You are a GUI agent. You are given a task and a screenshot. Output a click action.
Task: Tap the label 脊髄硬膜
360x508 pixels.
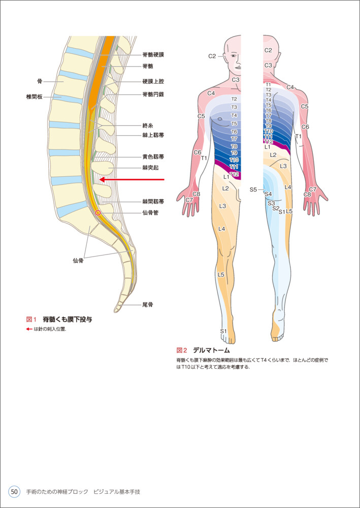[x=153, y=54]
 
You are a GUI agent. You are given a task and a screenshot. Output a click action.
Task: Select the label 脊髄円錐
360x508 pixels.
[x=153, y=94]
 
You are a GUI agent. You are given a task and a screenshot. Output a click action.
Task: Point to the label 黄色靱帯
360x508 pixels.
[x=153, y=156]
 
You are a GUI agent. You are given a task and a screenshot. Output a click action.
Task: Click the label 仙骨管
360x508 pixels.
[x=150, y=213]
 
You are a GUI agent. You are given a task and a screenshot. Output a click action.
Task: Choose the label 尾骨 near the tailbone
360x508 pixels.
[x=148, y=305]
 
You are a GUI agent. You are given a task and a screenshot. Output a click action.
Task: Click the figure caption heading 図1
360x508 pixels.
[x=32, y=320]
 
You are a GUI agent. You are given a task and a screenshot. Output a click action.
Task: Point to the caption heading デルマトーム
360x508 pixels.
[x=211, y=350]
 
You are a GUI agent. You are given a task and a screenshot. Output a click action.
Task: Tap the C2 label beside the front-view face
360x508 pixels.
[x=212, y=56]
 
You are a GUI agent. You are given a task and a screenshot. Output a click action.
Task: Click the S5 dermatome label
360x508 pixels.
[x=253, y=189]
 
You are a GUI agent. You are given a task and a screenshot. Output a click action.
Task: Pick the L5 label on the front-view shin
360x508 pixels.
[x=221, y=274]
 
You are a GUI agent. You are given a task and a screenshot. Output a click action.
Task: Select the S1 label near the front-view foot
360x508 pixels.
[x=223, y=331]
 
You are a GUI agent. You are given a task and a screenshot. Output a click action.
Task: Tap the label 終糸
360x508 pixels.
[x=148, y=125]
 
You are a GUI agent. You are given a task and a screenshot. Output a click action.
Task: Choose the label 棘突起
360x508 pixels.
[x=150, y=167]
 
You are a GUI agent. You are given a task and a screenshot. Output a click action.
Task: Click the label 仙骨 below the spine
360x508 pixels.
[x=78, y=260]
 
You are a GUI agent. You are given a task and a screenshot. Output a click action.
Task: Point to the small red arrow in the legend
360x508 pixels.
[x=29, y=329]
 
